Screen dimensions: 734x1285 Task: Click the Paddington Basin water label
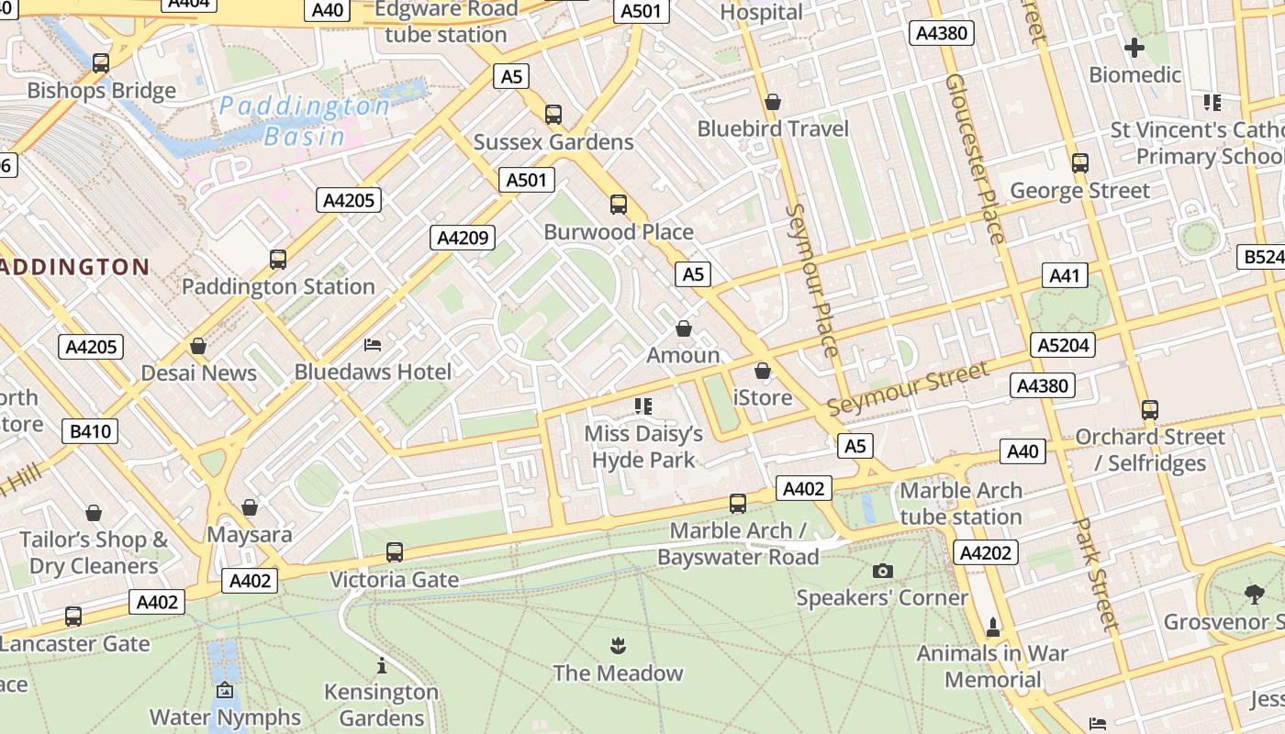click(304, 121)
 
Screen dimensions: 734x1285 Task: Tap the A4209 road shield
click(463, 239)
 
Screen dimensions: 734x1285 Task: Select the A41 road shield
click(1065, 275)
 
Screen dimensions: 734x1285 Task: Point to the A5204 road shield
click(1064, 345)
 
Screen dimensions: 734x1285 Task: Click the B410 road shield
click(90, 431)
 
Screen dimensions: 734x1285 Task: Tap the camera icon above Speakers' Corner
click(882, 572)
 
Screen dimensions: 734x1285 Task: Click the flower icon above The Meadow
click(619, 646)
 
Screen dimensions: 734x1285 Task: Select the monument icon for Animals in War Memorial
click(992, 628)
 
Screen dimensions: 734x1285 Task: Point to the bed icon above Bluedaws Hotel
click(373, 345)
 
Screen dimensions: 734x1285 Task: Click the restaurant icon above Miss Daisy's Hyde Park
click(643, 406)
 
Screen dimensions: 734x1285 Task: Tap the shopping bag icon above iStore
click(762, 371)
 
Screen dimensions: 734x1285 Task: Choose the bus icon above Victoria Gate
click(395, 552)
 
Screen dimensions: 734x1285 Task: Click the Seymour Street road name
click(908, 387)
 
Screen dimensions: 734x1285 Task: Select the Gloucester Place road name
click(975, 158)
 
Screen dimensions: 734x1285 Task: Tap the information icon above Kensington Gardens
click(382, 665)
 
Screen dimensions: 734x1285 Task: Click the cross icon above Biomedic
click(1134, 47)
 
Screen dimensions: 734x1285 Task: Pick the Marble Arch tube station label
click(960, 504)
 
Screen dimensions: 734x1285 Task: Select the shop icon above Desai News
click(198, 346)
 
